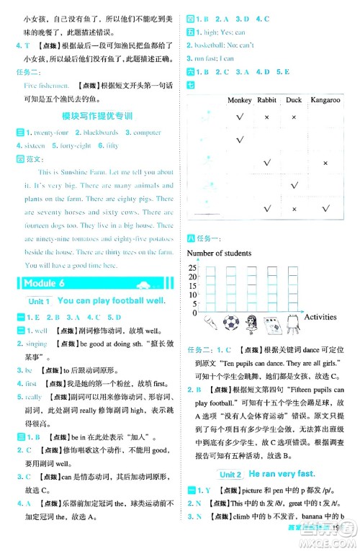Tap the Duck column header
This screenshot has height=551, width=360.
click(293, 100)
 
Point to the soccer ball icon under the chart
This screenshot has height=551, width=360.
click(230, 322)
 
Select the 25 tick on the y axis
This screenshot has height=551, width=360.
click(192, 267)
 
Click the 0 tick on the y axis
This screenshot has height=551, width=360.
click(194, 313)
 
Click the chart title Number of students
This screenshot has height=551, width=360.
click(219, 253)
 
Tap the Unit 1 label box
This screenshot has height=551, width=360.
click(37, 301)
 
